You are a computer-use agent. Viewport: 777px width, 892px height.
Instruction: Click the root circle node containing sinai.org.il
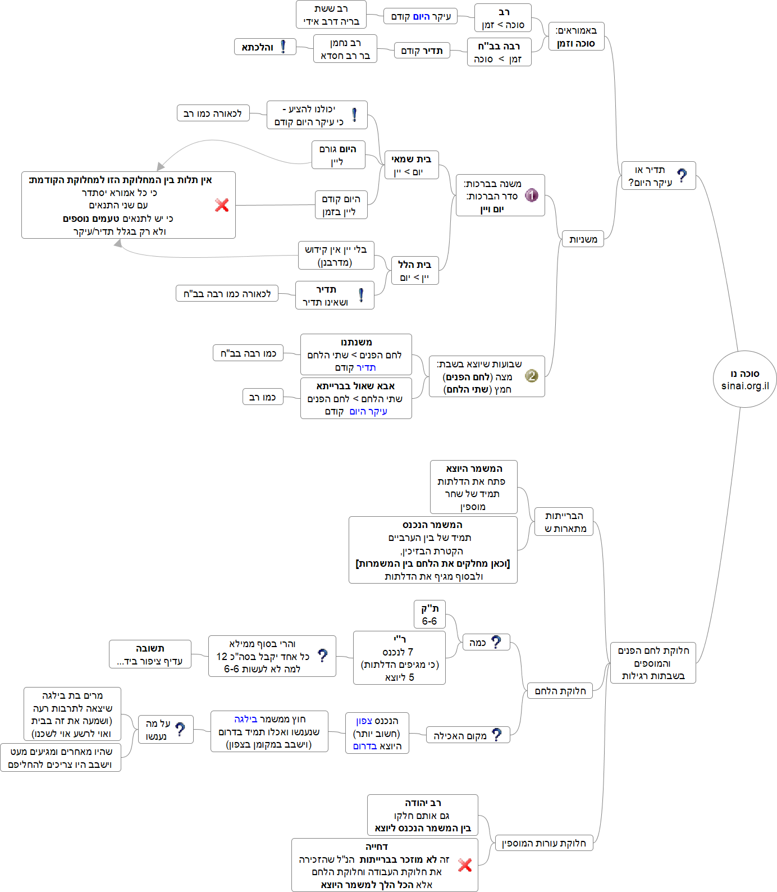(x=745, y=380)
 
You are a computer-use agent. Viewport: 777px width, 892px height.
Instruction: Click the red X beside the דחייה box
(x=465, y=865)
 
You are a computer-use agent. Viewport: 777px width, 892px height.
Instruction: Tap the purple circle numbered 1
(x=532, y=195)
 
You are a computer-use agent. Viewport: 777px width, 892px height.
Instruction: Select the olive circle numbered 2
(x=532, y=376)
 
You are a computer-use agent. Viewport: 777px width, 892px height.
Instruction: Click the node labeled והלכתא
(x=264, y=47)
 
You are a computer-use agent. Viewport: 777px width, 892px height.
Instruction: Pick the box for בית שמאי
(x=412, y=165)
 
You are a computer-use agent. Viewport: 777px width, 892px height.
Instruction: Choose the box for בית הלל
(x=415, y=271)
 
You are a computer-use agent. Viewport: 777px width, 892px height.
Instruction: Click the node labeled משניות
(x=583, y=239)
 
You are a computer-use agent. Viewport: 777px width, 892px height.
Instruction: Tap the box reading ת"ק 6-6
(x=429, y=615)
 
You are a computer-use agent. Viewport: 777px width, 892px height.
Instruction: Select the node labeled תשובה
(x=150, y=654)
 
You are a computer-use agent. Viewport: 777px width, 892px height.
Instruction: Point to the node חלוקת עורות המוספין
(x=543, y=843)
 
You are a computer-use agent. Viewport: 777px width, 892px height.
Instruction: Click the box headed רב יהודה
(x=423, y=815)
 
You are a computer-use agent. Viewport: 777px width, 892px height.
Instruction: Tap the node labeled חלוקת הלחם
(x=560, y=691)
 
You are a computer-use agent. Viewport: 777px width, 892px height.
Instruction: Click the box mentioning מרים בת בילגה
(x=72, y=714)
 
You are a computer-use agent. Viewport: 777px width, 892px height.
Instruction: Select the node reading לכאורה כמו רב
(x=213, y=113)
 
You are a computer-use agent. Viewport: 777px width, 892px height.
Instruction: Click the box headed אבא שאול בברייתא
(x=356, y=398)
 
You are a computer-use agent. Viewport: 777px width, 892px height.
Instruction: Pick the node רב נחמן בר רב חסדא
(x=345, y=49)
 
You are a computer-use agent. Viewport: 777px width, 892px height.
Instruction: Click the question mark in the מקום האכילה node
(x=496, y=735)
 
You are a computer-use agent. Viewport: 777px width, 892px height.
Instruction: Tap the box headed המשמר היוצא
(x=474, y=487)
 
